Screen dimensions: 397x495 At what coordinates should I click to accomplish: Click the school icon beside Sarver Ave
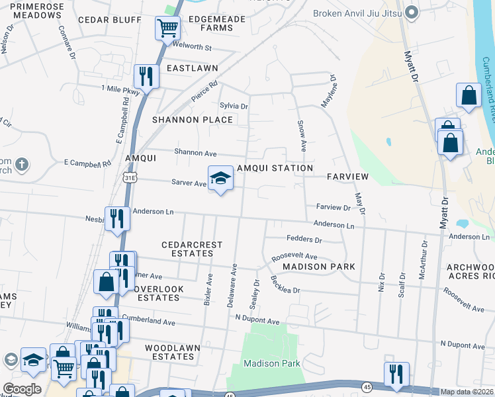point(221,177)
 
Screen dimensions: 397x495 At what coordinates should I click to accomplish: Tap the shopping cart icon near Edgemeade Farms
point(167,28)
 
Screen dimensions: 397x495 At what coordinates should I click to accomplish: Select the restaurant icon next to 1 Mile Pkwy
point(146,75)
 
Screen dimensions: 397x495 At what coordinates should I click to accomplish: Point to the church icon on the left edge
point(21,164)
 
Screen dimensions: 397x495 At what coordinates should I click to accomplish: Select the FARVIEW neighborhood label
point(347,177)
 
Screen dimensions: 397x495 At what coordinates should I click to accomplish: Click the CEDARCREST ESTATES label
point(193,249)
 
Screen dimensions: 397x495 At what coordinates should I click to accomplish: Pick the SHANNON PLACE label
point(193,120)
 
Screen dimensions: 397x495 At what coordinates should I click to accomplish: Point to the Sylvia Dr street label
point(234,106)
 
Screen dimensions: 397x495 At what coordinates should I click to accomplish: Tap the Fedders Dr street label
point(304,240)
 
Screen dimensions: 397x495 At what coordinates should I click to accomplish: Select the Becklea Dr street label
point(285,285)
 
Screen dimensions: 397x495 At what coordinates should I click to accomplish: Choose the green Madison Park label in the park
point(271,363)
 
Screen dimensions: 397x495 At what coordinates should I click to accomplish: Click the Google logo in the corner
point(22,389)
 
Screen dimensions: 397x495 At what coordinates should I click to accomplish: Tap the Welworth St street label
point(191,48)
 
